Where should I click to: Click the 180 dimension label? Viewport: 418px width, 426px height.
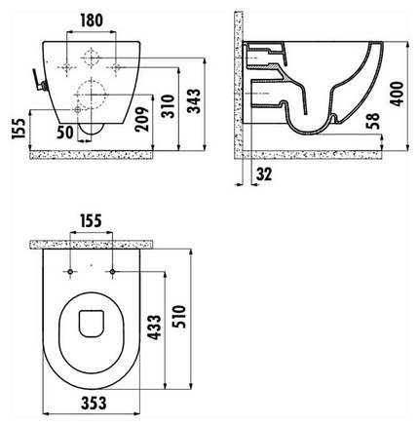pyautogui.click(x=92, y=20)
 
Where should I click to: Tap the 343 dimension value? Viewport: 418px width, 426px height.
pyautogui.click(x=195, y=100)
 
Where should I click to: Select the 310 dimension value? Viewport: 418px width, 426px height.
pyautogui.click(x=169, y=106)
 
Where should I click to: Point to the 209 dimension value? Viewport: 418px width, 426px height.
pyautogui.click(x=142, y=119)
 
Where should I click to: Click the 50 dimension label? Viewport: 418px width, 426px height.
pyautogui.click(x=65, y=132)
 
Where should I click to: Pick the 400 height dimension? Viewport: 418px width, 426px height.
pyautogui.click(x=397, y=94)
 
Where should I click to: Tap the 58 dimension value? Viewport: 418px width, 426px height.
pyautogui.click(x=373, y=121)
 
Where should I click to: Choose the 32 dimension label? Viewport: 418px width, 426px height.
pyautogui.click(x=264, y=174)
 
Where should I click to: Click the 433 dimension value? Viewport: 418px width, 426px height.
pyautogui.click(x=155, y=328)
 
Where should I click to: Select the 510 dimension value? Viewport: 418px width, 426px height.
pyautogui.click(x=179, y=316)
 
